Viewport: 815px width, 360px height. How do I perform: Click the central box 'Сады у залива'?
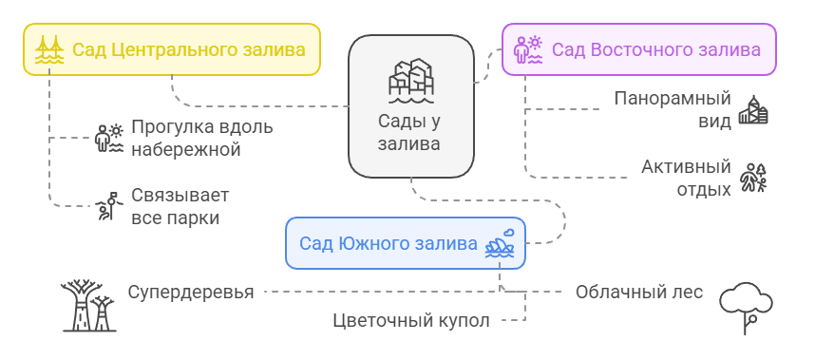410,106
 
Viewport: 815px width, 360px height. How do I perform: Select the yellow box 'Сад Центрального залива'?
172,49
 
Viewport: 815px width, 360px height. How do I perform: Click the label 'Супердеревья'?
191,292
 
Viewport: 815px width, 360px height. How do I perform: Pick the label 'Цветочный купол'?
411,320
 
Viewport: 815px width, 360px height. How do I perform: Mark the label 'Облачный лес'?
639,292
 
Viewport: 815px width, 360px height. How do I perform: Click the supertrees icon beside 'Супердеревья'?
87,304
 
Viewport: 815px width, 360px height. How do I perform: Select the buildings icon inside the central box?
410,82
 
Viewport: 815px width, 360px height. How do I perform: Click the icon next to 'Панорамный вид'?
753,110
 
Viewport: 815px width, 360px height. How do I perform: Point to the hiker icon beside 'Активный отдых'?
753,178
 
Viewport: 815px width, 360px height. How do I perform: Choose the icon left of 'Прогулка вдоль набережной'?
109,139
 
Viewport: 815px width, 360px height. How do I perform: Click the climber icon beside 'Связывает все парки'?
107,206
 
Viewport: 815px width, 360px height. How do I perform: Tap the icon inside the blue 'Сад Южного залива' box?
501,245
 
